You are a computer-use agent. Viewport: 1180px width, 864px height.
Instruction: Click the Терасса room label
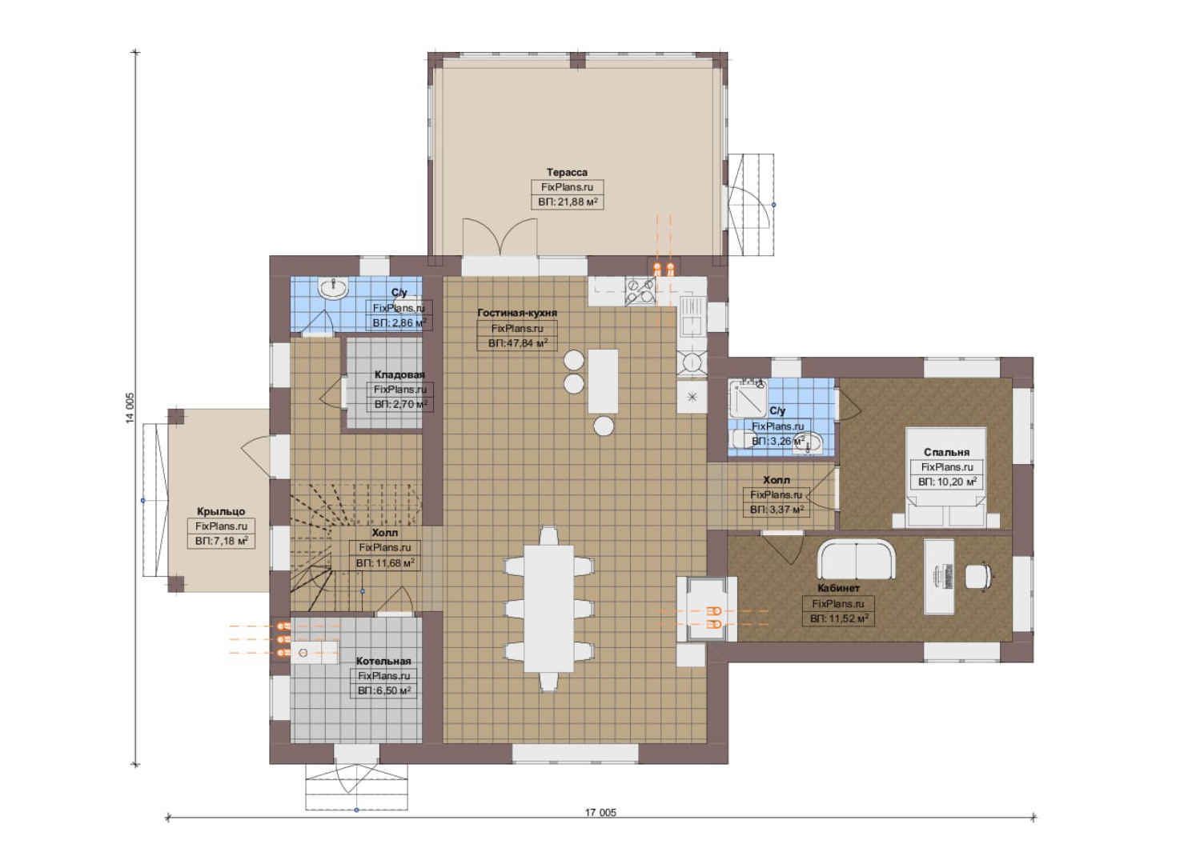pos(567,173)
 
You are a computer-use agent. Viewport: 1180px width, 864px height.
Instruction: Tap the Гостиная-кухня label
pos(517,313)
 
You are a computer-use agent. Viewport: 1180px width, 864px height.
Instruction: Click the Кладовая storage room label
pos(399,375)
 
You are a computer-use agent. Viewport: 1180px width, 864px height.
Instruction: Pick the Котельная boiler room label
pos(383,662)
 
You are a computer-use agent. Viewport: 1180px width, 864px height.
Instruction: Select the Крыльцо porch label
pos(221,512)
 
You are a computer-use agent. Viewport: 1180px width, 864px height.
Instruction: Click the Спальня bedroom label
pos(946,452)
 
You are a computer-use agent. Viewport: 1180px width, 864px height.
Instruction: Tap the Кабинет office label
pos(839,588)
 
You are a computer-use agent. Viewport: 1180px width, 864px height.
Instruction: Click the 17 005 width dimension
pos(600,813)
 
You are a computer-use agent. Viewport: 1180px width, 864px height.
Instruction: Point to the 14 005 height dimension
pos(130,408)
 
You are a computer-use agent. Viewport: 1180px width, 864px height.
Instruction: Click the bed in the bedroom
pos(946,478)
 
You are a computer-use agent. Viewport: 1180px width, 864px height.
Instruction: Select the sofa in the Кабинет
pos(856,560)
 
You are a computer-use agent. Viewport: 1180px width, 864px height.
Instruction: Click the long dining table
pos(549,608)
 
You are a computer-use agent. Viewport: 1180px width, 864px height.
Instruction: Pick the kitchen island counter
pos(603,381)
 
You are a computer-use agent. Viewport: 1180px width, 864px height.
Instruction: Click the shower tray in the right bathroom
pos(748,398)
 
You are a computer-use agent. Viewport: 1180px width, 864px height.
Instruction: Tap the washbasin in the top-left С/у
pos(333,289)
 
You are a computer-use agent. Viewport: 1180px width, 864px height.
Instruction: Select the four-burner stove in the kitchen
pos(640,291)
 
